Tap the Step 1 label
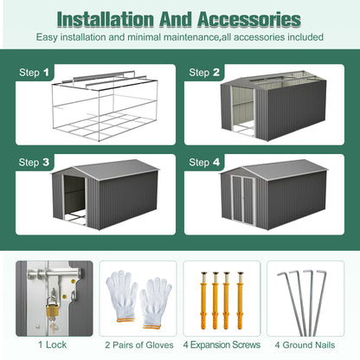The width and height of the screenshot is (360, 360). (34, 73)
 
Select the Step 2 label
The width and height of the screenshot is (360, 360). (204, 73)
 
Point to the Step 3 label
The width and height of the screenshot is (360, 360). (34, 162)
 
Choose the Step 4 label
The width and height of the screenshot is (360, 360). (204, 162)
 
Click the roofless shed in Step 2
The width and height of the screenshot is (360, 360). (273, 108)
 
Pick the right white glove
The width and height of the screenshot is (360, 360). (156, 299)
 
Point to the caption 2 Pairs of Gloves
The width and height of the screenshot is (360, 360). (138, 345)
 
